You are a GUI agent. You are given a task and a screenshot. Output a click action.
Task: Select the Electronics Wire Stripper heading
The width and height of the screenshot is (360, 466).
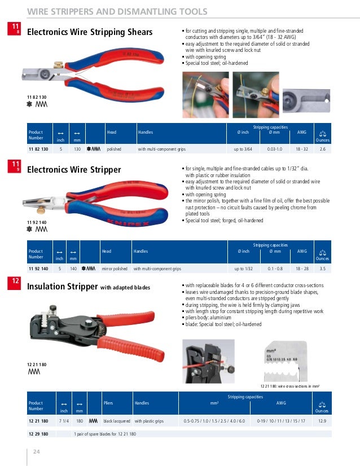tap(74, 169)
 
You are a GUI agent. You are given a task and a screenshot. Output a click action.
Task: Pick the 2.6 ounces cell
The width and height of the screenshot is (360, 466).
tap(323, 149)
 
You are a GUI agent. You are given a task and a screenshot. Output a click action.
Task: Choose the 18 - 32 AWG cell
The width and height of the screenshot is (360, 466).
tap(302, 149)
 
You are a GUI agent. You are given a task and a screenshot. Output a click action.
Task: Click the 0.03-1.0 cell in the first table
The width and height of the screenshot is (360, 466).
tap(275, 149)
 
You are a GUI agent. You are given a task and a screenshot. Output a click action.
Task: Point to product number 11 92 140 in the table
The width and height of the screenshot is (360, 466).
tap(38, 270)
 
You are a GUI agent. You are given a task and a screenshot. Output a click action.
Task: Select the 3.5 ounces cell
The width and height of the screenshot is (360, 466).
tap(323, 270)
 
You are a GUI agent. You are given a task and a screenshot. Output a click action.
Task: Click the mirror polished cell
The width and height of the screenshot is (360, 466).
tap(115, 270)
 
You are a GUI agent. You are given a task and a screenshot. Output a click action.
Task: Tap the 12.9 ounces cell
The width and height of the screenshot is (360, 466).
tap(323, 421)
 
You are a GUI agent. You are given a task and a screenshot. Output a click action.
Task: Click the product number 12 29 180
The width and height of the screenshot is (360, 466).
tap(38, 434)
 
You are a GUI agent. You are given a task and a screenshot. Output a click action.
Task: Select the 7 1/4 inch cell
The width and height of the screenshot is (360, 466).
tap(64, 421)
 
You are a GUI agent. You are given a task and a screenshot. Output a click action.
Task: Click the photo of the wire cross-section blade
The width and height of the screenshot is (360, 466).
tap(287, 361)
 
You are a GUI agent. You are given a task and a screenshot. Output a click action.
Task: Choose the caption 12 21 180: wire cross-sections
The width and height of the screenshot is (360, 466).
tap(290, 386)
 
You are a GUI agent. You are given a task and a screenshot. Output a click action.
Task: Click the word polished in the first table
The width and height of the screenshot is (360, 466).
tap(115, 149)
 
